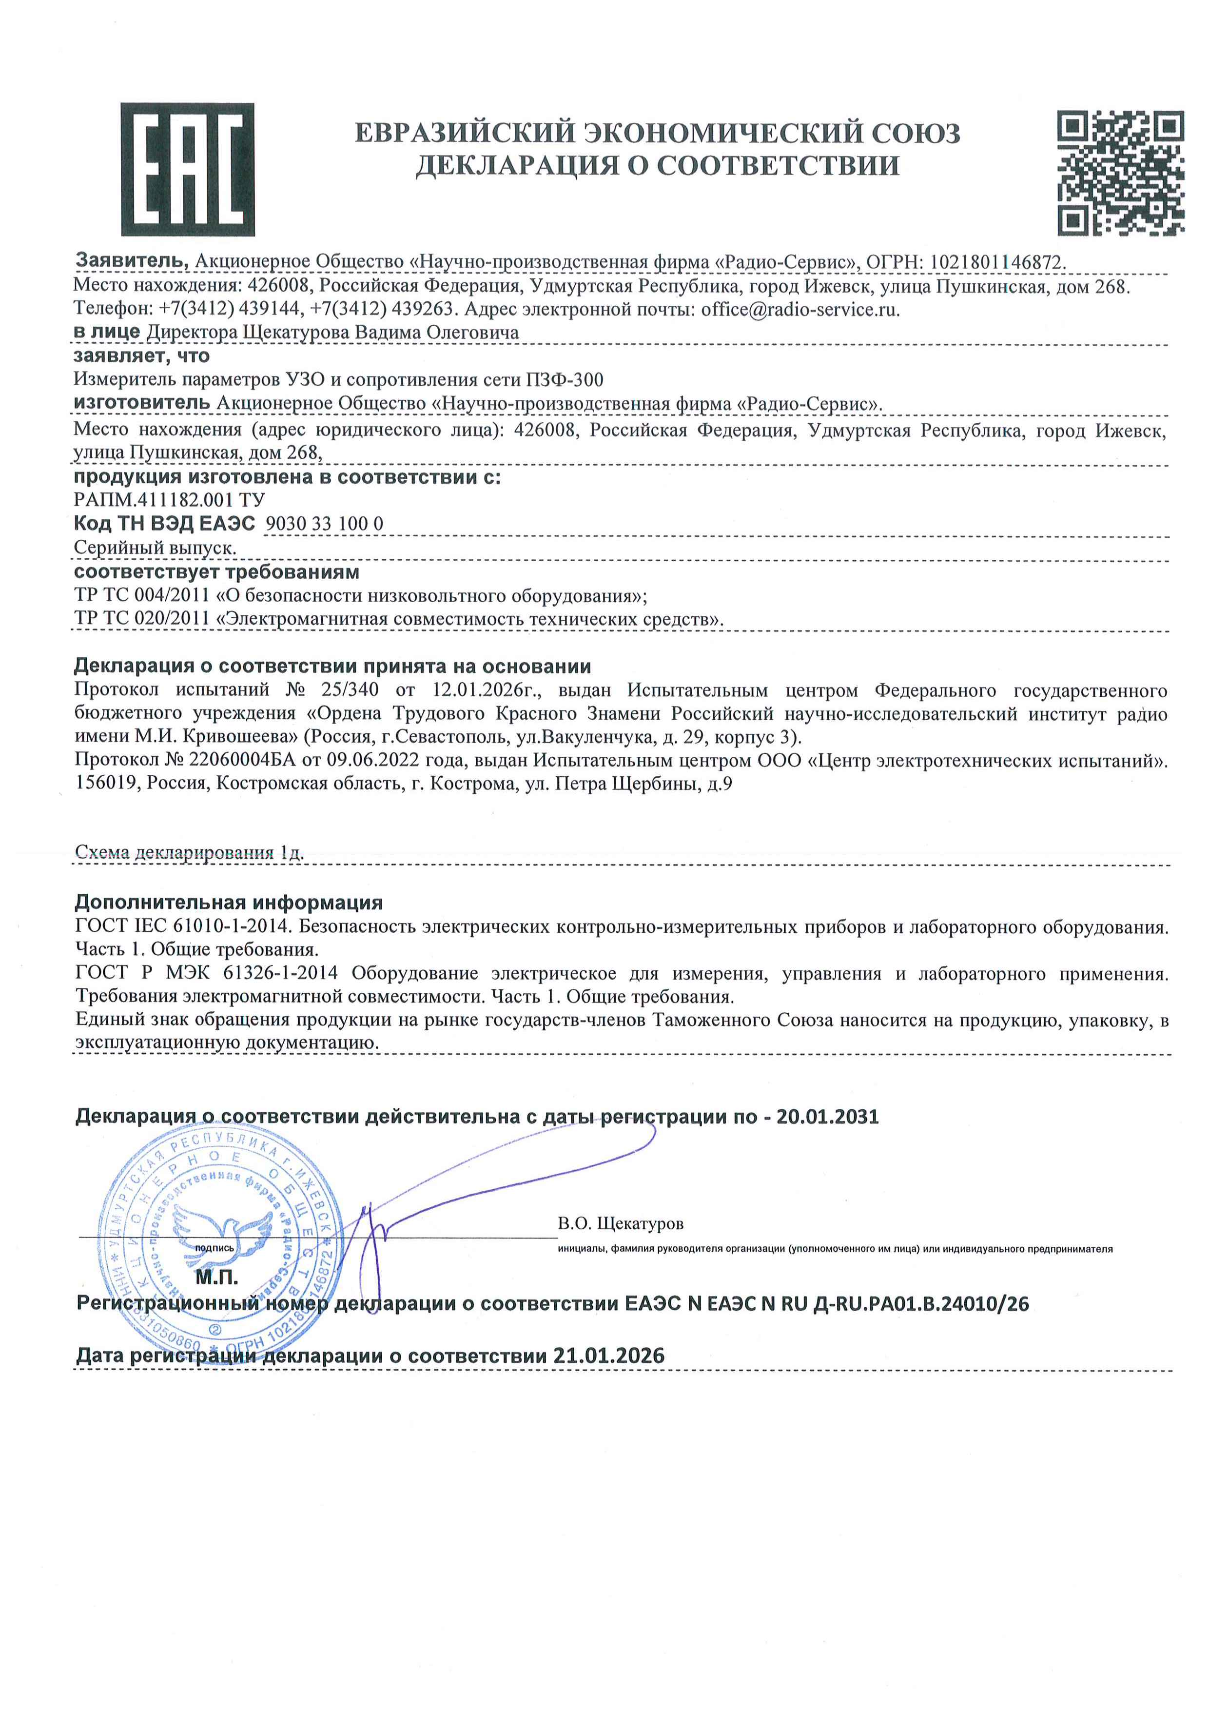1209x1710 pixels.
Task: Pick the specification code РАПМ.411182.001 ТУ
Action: pyautogui.click(x=169, y=500)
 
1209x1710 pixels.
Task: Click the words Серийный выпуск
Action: pyautogui.click(x=155, y=548)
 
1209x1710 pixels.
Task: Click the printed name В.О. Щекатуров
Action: pyautogui.click(x=620, y=1224)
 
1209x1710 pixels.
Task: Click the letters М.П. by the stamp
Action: pyautogui.click(x=216, y=1278)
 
